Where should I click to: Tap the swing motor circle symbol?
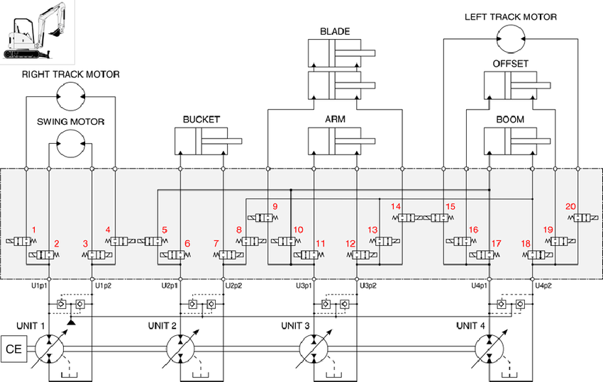pos(70,144)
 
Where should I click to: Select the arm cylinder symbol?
pos(339,140)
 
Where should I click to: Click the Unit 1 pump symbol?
pos(50,349)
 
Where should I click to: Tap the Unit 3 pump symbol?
pos(313,349)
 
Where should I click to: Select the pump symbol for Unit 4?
pos(489,349)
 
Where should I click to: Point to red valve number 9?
pos(274,207)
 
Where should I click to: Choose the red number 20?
pos(570,207)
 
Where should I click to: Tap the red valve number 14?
pos(396,207)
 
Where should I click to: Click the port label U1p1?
pos(39,286)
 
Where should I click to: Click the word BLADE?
pos(335,32)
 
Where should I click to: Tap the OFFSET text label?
pos(510,64)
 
